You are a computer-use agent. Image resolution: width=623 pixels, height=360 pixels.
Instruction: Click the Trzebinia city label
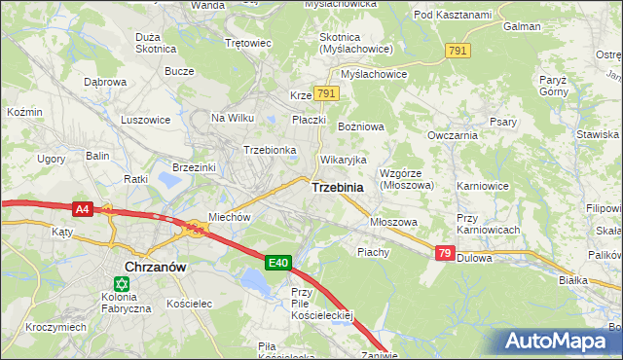(338, 188)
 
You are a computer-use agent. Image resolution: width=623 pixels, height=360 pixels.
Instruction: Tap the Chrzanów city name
(156, 266)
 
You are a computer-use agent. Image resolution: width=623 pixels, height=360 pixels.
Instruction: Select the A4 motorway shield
(82, 208)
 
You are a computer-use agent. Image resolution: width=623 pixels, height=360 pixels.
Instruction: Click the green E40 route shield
(278, 262)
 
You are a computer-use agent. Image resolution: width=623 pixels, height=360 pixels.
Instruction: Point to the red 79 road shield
(444, 253)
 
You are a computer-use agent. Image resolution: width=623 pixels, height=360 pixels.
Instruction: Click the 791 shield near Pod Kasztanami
(457, 50)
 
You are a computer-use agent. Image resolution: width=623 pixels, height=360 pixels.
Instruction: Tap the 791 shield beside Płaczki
(326, 94)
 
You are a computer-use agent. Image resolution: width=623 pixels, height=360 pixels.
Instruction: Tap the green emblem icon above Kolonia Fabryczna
(122, 284)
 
